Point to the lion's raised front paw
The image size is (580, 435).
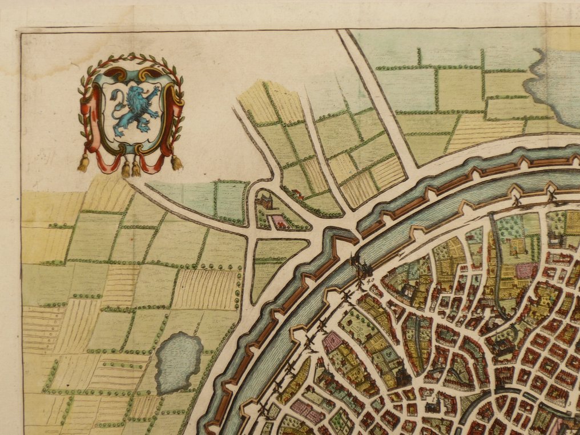click(154, 90)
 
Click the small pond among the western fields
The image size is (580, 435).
click(179, 362)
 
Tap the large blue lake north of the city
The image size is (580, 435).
click(554, 86)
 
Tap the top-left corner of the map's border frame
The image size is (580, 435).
click(21, 33)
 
